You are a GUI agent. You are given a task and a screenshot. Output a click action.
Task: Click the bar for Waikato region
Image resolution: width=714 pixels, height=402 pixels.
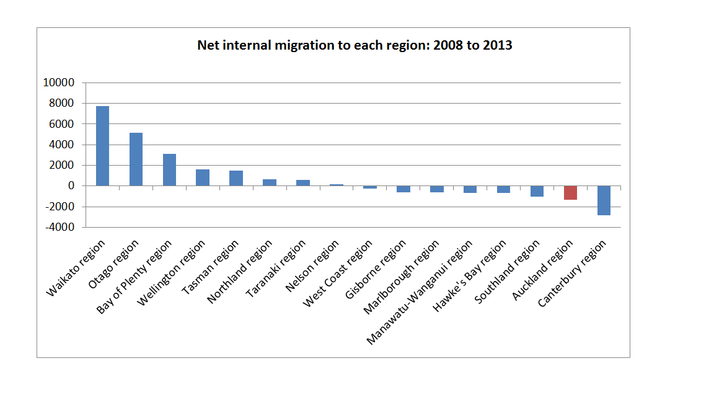(102, 146)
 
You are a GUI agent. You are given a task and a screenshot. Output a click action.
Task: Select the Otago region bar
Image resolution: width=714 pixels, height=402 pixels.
(136, 159)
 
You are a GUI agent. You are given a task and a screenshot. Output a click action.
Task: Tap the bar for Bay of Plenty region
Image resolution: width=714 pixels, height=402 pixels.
(169, 169)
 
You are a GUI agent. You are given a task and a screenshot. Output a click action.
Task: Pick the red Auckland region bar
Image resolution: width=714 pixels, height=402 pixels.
(570, 193)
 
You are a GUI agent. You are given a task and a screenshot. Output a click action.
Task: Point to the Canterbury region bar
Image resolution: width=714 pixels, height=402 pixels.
(604, 200)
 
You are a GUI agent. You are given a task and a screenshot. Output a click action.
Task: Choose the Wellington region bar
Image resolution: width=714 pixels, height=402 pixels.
(203, 177)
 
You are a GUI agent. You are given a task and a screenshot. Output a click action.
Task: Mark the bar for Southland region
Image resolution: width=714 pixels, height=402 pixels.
(537, 191)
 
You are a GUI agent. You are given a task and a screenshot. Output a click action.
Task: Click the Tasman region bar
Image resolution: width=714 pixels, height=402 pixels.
(236, 178)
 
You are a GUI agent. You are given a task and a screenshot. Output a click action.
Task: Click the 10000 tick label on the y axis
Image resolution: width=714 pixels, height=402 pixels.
(58, 83)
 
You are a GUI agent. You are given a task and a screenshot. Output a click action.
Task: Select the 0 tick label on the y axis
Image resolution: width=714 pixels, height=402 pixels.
(71, 186)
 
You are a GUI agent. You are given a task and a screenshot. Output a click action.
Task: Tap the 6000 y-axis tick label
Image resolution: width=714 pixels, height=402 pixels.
(61, 124)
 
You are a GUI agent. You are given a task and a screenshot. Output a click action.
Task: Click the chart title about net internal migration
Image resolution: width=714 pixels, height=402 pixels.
(355, 45)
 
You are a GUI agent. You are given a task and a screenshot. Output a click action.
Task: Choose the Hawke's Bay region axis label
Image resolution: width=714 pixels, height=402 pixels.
(472, 276)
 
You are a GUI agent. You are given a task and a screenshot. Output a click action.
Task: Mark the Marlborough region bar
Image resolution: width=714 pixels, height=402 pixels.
(436, 189)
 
